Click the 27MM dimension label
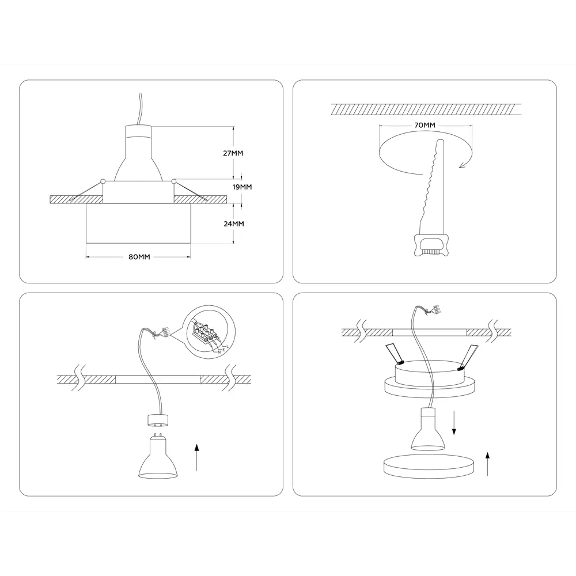(233, 153)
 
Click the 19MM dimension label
(242, 187)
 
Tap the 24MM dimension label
(233, 223)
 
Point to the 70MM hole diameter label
(425, 125)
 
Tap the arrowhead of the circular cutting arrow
(460, 166)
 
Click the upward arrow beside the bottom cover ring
(488, 463)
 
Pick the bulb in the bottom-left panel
(157, 458)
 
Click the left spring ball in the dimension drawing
(102, 182)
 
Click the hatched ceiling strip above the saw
(426, 109)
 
